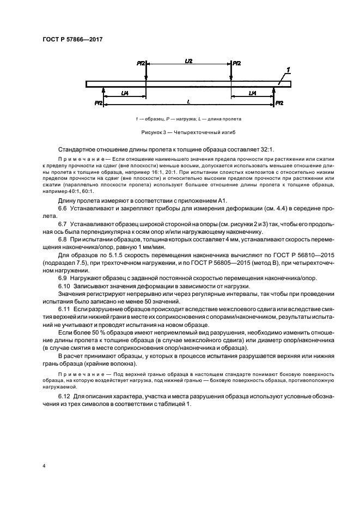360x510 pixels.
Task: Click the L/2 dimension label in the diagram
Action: (188, 62)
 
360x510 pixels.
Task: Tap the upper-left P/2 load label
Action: (140, 64)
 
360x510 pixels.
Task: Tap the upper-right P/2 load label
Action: (237, 64)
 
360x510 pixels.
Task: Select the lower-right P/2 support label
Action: (278, 103)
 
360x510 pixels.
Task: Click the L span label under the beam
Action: (188, 101)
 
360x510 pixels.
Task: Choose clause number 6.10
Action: (65, 286)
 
